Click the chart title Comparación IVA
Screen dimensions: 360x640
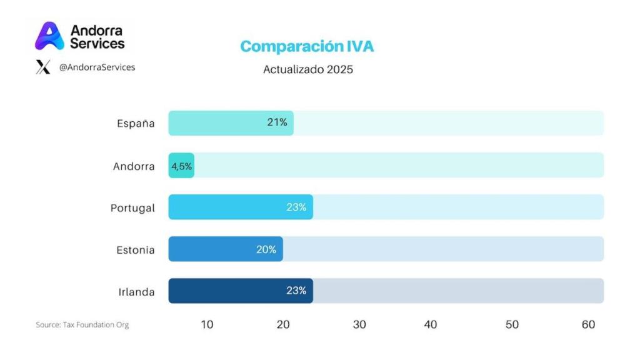tap(307, 47)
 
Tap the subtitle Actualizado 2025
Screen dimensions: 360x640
tap(307, 69)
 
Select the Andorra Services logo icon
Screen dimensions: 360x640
tap(49, 36)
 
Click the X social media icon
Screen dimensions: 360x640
tap(43, 67)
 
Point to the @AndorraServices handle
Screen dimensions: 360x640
tap(97, 67)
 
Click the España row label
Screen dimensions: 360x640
tap(136, 123)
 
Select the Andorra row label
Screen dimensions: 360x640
tap(134, 166)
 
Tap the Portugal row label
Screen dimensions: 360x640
tap(132, 207)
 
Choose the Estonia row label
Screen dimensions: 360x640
tap(135, 250)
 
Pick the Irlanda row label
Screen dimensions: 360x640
tap(136, 292)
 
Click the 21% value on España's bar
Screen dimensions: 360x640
tap(277, 122)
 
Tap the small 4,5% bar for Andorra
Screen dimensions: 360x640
tap(181, 166)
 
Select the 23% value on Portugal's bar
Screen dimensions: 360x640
tap(296, 207)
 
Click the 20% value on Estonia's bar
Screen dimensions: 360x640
tap(266, 249)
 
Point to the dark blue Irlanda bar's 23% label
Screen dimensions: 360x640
tap(296, 291)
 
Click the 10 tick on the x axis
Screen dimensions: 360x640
tap(207, 324)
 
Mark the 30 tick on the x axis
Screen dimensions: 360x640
tap(359, 324)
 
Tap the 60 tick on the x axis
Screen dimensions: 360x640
tap(588, 324)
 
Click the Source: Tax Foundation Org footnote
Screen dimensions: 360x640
tap(82, 325)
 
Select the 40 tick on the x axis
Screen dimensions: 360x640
tap(430, 324)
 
